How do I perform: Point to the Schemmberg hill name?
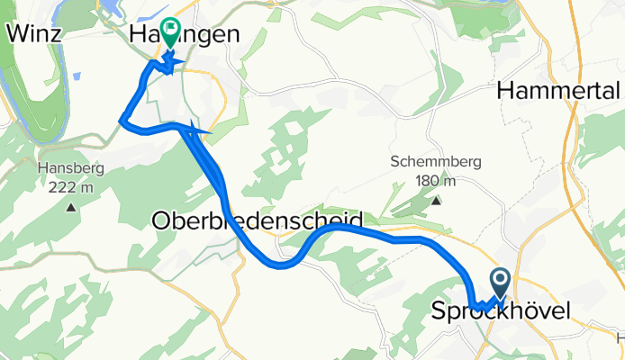pos(437,163)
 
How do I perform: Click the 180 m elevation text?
pos(437,180)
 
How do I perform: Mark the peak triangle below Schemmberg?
pos(437,201)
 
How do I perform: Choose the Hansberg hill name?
pos(70,168)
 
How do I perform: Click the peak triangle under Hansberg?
pos(70,208)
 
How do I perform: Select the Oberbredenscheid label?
pos(258,220)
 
